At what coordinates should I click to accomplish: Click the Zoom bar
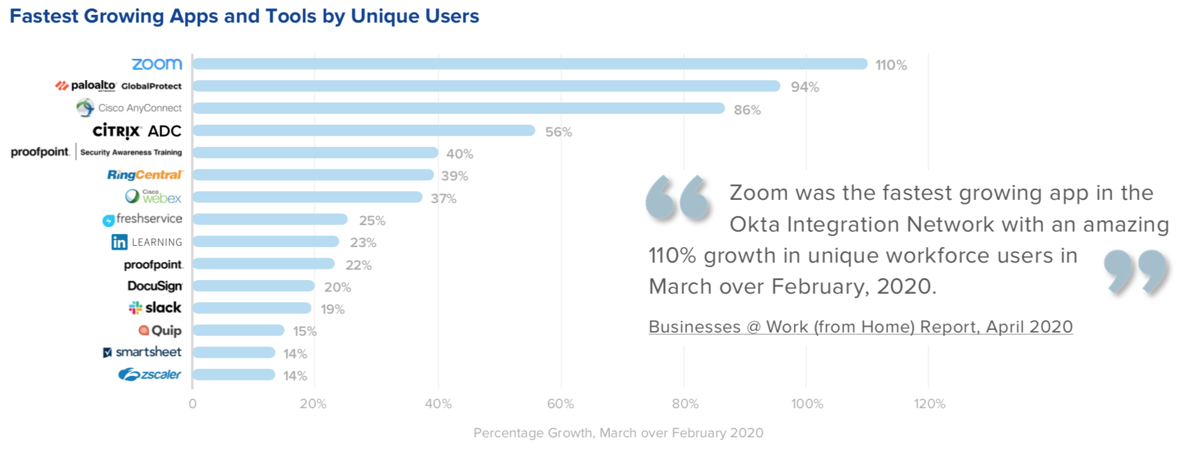coord(530,63)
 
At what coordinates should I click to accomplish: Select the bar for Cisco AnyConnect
coord(458,108)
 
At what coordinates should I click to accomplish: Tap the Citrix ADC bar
coord(363,131)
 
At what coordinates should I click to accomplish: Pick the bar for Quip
coord(238,330)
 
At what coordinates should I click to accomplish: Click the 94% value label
coord(805,87)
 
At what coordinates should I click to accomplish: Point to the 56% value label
coord(558,132)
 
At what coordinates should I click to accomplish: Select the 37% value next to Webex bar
coord(443,199)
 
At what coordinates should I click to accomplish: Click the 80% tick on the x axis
coord(685,404)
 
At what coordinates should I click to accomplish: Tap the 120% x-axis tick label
coord(929,404)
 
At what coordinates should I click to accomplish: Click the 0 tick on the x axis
coord(193,404)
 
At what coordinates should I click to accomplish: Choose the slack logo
coord(155,308)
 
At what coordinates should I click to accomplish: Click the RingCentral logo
coord(145,175)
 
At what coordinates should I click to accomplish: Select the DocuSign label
coord(155,286)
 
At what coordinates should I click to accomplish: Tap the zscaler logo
coord(150,375)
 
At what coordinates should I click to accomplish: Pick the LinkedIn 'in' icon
coord(120,242)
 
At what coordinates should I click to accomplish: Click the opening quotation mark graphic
coord(677,197)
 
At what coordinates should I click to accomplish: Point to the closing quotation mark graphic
coord(1136,272)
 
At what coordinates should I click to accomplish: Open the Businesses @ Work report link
coord(860,327)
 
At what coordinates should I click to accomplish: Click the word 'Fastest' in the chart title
coord(43,16)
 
